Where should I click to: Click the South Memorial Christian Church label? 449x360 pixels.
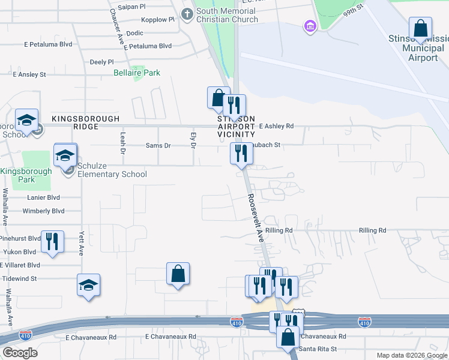pyautogui.click(x=226, y=15)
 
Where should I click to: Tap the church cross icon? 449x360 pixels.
pyautogui.click(x=187, y=13)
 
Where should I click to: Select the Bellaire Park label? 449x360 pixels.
pyautogui.click(x=137, y=73)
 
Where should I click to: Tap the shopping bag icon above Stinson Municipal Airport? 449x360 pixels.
pyautogui.click(x=420, y=28)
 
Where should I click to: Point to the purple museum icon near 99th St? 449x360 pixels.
pyautogui.click(x=310, y=26)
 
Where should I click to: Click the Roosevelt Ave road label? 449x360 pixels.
pyautogui.click(x=256, y=218)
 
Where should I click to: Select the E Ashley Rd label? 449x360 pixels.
pyautogui.click(x=276, y=126)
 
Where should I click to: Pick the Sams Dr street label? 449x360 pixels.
pyautogui.click(x=158, y=145)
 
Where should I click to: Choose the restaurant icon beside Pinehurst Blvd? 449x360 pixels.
pyautogui.click(x=52, y=242)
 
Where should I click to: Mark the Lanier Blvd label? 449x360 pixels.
pyautogui.click(x=43, y=197)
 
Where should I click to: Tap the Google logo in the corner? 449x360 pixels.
pyautogui.click(x=20, y=352)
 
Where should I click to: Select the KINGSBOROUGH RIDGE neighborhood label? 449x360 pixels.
pyautogui.click(x=85, y=119)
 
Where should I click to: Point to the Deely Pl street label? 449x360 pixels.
pyautogui.click(x=101, y=62)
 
